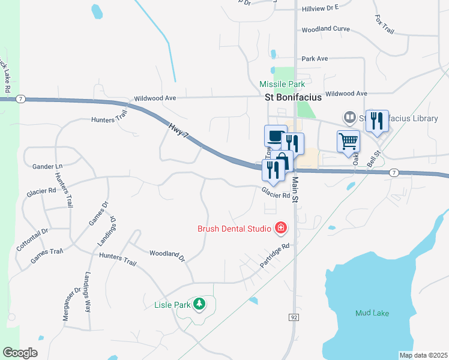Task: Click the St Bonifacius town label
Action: click(294, 97)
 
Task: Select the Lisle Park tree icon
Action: click(199, 304)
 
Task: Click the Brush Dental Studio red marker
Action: click(280, 228)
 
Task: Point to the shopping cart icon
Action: click(348, 142)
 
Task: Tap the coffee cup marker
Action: click(275, 136)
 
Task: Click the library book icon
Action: click(349, 117)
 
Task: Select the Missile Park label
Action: click(282, 84)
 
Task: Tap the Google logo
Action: click(20, 353)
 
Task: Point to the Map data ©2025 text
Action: click(423, 355)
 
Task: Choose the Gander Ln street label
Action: click(47, 166)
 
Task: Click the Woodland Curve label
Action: click(325, 29)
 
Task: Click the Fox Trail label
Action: click(384, 25)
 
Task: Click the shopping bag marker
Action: click(282, 161)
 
